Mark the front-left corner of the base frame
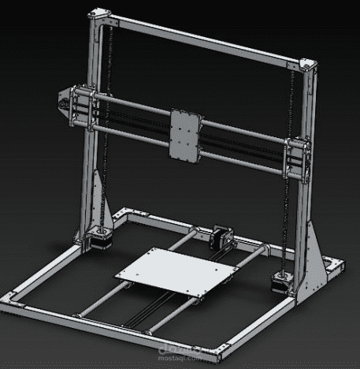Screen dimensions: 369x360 pyautogui.click(x=11, y=299)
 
